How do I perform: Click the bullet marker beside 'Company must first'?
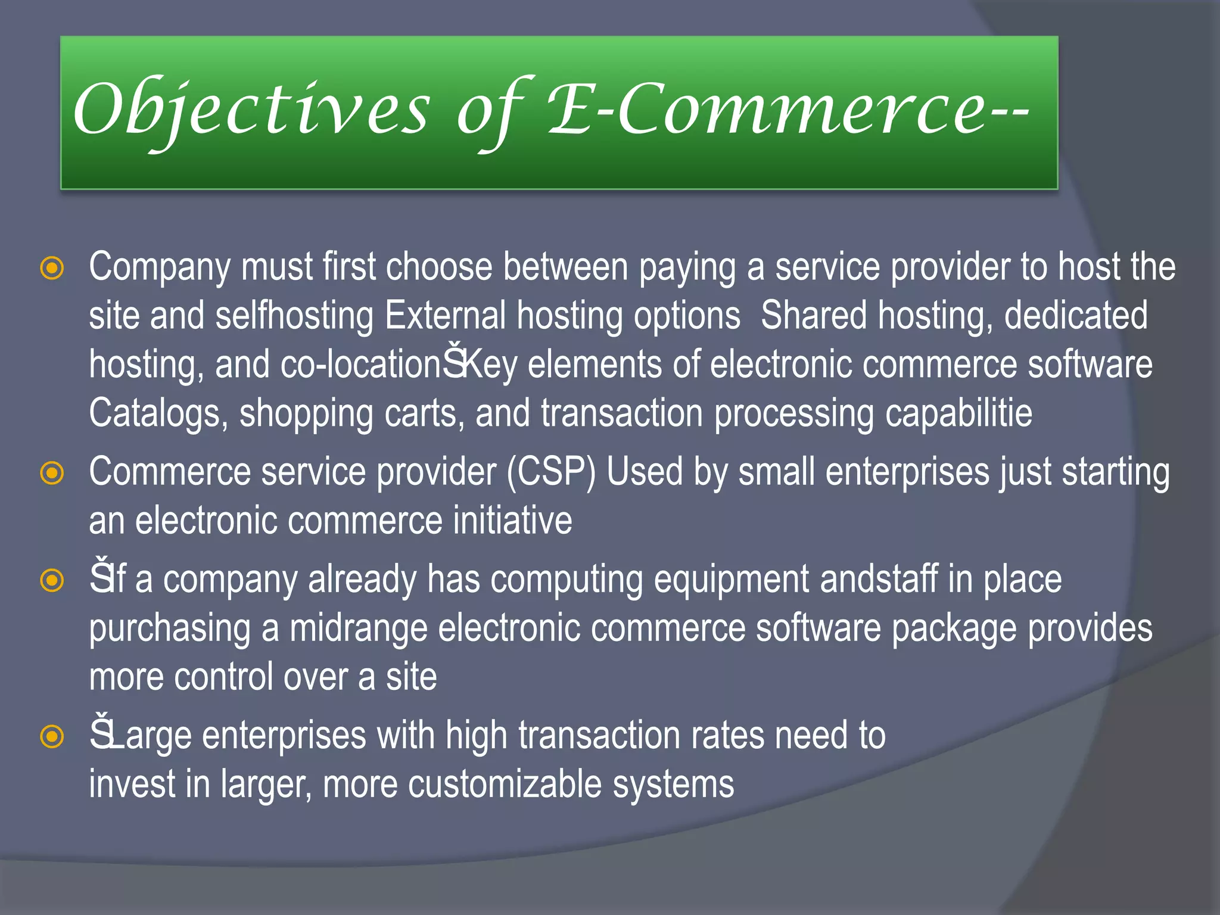click(x=52, y=268)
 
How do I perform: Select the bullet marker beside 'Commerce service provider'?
click(x=52, y=474)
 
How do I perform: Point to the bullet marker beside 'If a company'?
click(x=52, y=580)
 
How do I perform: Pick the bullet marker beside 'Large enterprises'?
click(x=52, y=737)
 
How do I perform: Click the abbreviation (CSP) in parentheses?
click(x=551, y=472)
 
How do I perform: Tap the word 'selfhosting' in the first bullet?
click(x=294, y=315)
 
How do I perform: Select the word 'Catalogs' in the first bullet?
click(x=158, y=413)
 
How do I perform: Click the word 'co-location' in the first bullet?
click(x=361, y=364)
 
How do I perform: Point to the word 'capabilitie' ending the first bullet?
click(x=958, y=413)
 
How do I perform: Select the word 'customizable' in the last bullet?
click(x=506, y=785)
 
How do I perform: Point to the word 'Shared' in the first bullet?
click(x=814, y=315)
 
